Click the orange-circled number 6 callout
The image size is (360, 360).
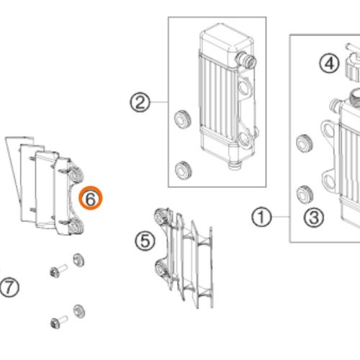[x=91, y=198]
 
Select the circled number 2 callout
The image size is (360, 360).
[x=140, y=102]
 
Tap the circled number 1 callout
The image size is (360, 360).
[x=261, y=217]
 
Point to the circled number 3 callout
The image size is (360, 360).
[x=314, y=217]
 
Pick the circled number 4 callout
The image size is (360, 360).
[x=329, y=63]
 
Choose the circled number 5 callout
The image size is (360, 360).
[x=145, y=240]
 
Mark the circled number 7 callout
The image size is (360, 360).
[x=9, y=287]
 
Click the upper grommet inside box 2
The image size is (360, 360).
[x=182, y=120]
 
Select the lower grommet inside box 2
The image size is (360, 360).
[x=184, y=171]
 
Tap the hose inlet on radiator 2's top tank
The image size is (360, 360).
[x=246, y=60]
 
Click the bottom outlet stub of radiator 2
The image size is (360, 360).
[x=234, y=165]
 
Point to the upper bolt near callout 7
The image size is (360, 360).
[x=58, y=271]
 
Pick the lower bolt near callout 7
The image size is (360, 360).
[x=58, y=322]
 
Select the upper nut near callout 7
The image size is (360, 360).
[x=78, y=260]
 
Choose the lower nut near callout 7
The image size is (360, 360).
[x=79, y=311]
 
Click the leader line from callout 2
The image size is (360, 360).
[x=159, y=102]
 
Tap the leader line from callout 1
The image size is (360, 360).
[x=281, y=217]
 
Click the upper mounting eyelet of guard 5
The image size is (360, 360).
[x=160, y=216]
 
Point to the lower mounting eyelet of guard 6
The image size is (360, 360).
[x=76, y=227]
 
